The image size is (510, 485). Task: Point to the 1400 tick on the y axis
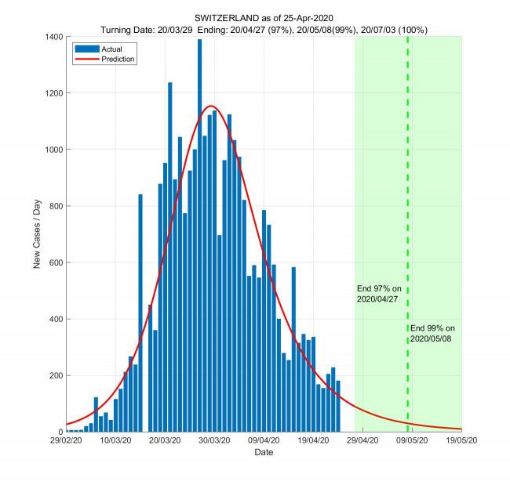[x=53, y=37]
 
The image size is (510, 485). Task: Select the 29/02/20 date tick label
[x=67, y=441]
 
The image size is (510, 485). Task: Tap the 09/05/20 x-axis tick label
[x=411, y=441]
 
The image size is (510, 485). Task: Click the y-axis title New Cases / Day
[x=37, y=234]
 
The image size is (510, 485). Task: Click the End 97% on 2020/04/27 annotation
[x=379, y=294]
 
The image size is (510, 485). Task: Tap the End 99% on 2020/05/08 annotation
[x=432, y=333]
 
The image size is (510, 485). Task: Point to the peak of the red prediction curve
[x=211, y=106]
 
